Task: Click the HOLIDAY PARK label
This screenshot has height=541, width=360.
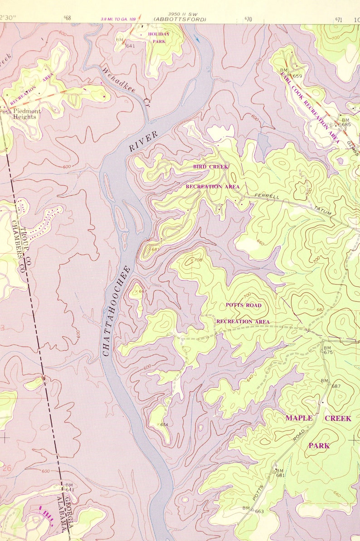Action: coord(158,38)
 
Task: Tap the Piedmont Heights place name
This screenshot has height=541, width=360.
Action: coord(27,114)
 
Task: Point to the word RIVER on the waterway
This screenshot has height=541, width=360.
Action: coord(143,141)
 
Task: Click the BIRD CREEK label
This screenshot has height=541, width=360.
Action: coord(211,167)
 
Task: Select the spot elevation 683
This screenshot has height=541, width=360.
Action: coord(155,249)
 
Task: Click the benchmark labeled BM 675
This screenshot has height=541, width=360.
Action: coord(327,349)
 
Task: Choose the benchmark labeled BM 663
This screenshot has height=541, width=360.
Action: coord(253,509)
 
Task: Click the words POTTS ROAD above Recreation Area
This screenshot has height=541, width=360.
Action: coord(243,305)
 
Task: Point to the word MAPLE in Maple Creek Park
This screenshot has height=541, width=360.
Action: coord(299,418)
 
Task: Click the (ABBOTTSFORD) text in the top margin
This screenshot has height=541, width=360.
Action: coord(180,19)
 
